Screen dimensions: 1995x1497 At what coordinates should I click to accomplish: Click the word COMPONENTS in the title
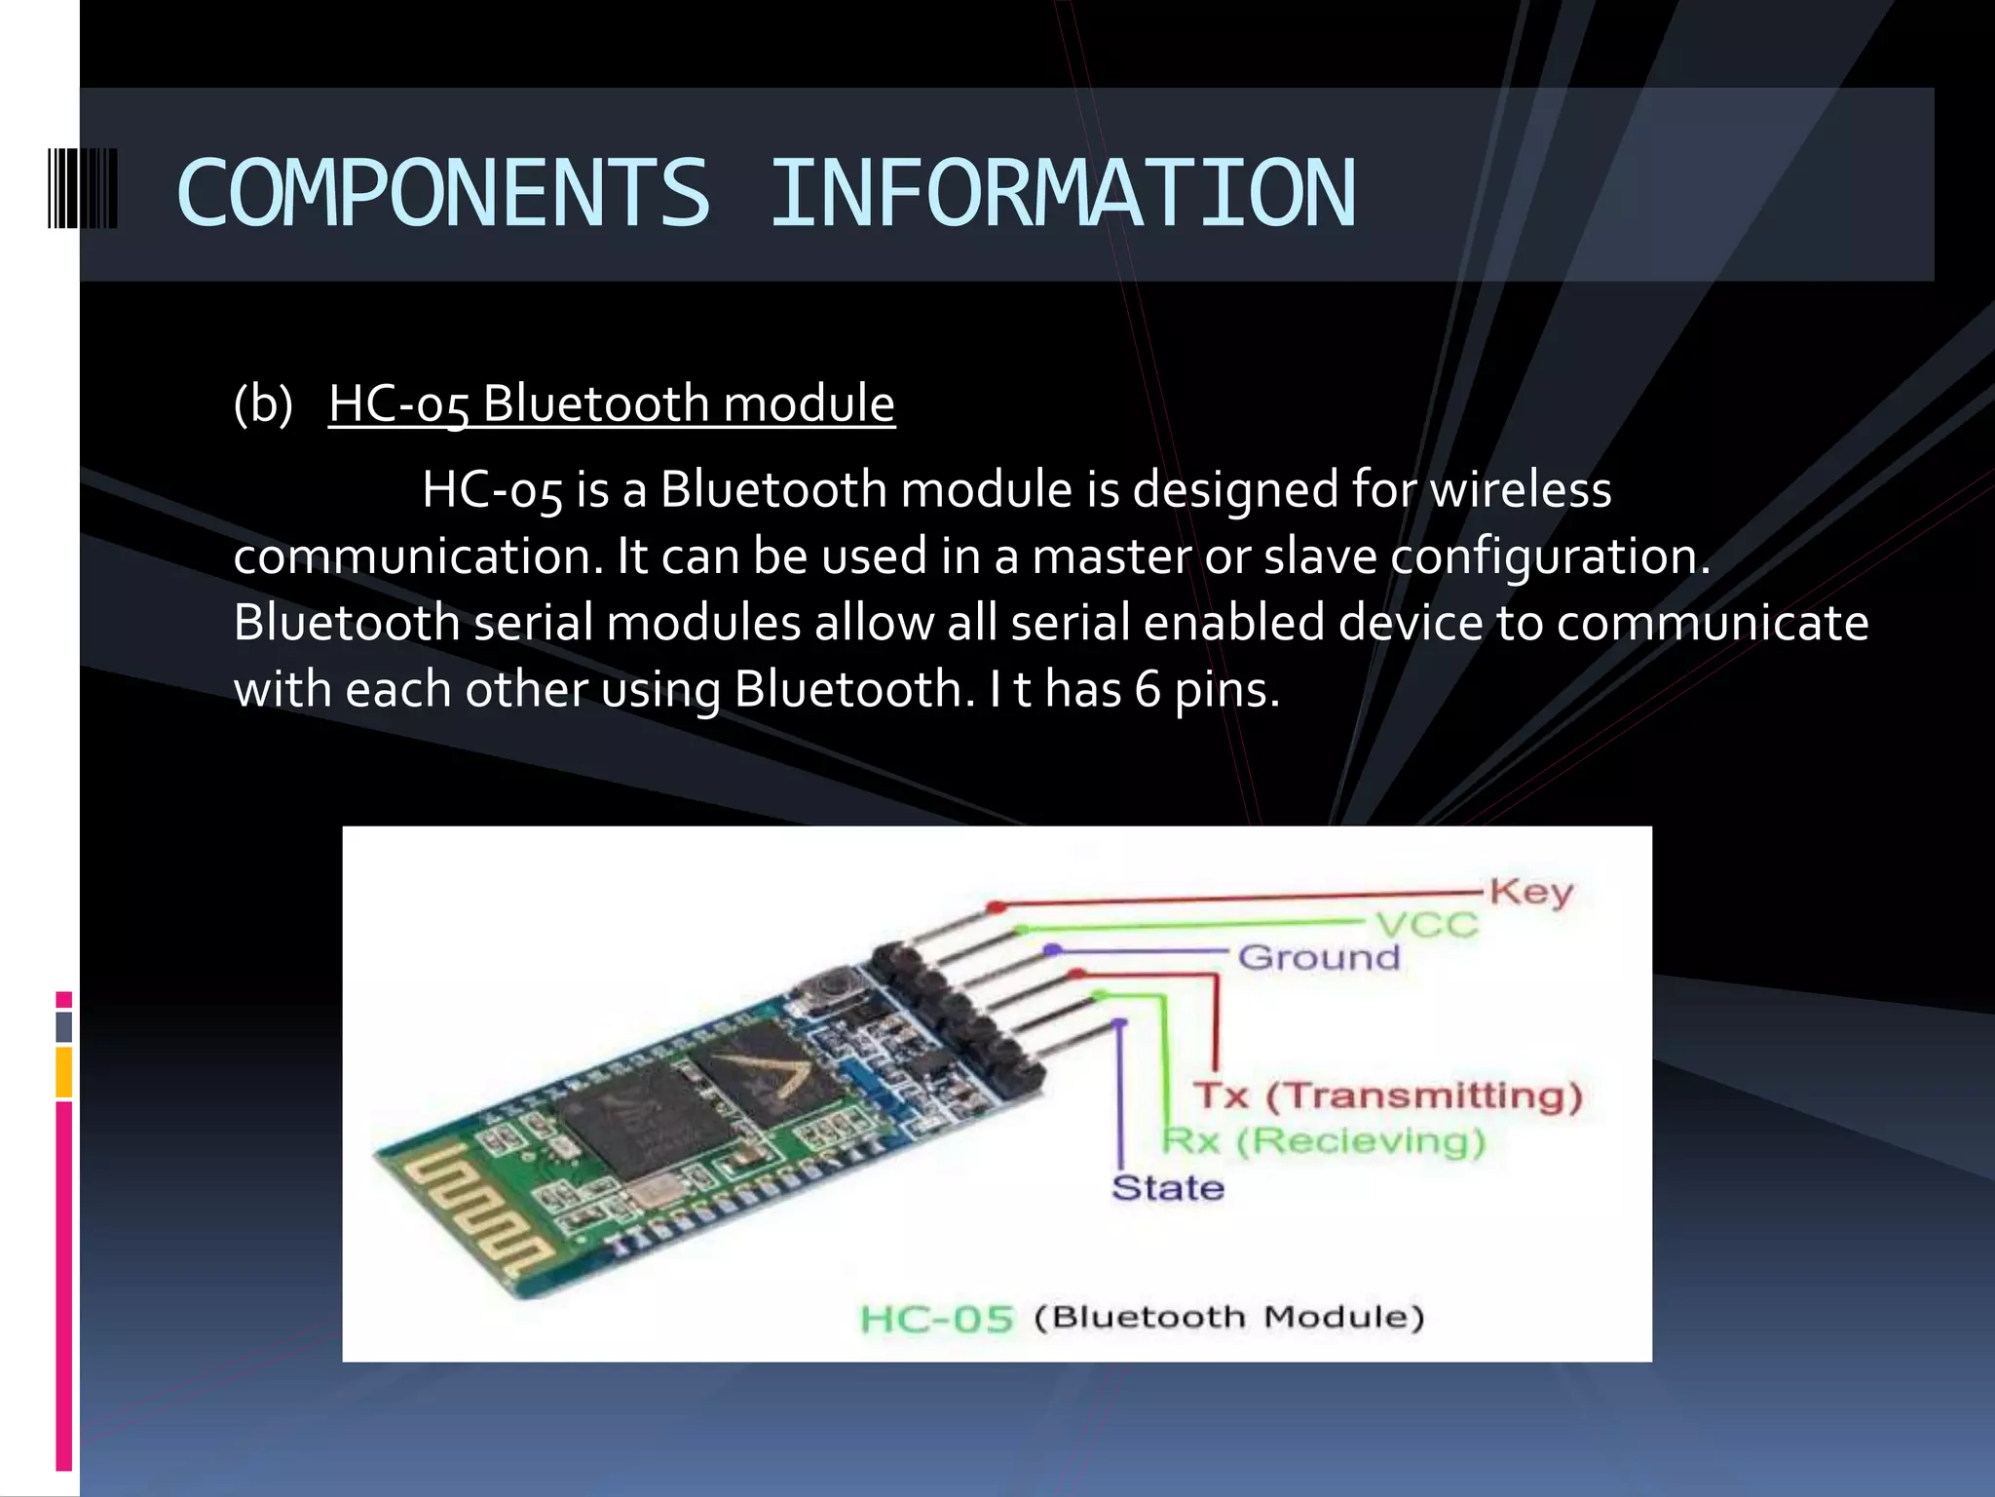pyautogui.click(x=443, y=193)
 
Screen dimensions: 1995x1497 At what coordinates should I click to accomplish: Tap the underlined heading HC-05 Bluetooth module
pyautogui.click(x=611, y=403)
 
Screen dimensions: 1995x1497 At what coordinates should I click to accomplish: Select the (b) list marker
pyautogui.click(x=263, y=403)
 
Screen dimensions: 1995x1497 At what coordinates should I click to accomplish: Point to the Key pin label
pyautogui.click(x=1530, y=892)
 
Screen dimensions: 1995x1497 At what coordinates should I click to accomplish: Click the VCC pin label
pyautogui.click(x=1427, y=924)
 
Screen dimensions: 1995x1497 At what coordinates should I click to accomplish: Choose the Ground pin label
pyautogui.click(x=1319, y=957)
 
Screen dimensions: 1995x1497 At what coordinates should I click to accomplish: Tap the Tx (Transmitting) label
pyautogui.click(x=1388, y=1095)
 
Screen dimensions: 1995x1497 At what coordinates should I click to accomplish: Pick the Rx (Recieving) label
pyautogui.click(x=1325, y=1140)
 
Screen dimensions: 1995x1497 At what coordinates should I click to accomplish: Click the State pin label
pyautogui.click(x=1167, y=1187)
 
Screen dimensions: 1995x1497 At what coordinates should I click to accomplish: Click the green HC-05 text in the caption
pyautogui.click(x=937, y=1319)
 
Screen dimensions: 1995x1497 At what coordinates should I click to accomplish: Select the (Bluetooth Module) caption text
pyautogui.click(x=1229, y=1318)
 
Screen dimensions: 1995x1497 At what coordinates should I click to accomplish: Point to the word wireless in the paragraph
pyautogui.click(x=1521, y=489)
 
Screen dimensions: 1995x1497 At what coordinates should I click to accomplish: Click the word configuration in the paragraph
pyautogui.click(x=1549, y=557)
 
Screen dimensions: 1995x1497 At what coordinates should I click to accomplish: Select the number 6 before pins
pyautogui.click(x=1148, y=689)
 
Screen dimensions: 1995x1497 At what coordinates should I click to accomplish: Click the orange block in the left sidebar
pyautogui.click(x=64, y=1072)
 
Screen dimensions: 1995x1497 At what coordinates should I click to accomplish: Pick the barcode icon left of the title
pyautogui.click(x=83, y=189)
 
